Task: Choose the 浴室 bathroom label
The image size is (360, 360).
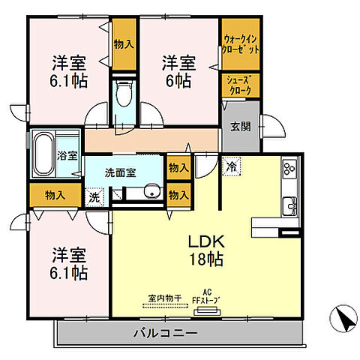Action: pos(67,156)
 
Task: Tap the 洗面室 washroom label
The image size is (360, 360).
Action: pos(120,172)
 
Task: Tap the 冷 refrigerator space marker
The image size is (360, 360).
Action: pos(232,166)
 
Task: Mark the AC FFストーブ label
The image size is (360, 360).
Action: pos(208,297)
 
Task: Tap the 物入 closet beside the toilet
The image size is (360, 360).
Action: pos(123,44)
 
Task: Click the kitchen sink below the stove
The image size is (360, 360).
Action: pos(289,202)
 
